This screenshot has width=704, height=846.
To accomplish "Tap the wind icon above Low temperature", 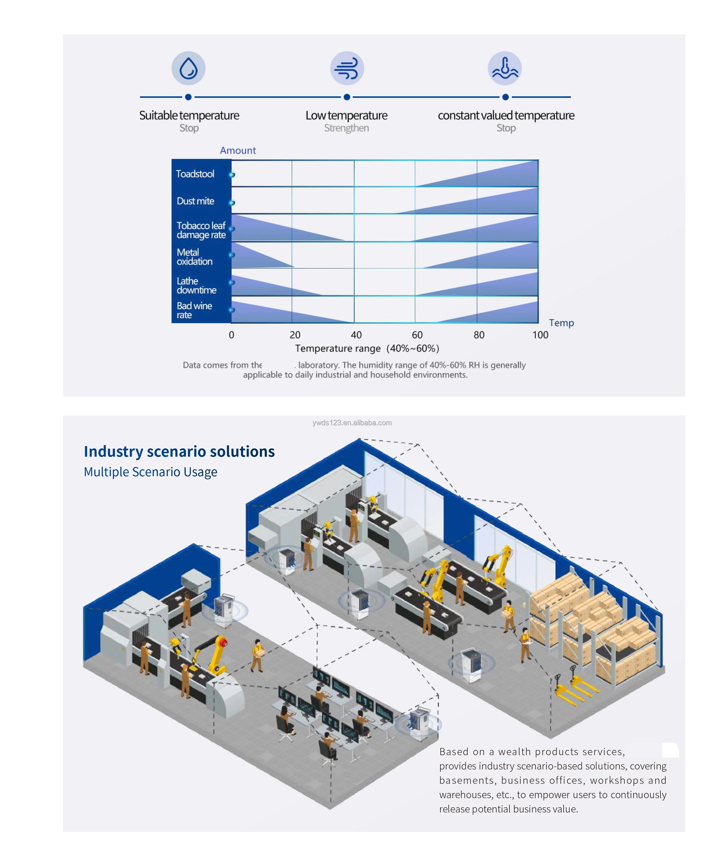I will (347, 68).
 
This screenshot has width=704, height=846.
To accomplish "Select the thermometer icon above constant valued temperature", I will (505, 68).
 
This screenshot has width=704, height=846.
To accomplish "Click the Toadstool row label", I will (195, 174).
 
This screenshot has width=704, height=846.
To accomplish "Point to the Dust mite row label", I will (195, 201).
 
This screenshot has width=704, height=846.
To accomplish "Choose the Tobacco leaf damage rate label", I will (201, 230).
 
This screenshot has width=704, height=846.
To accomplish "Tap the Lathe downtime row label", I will (196, 286).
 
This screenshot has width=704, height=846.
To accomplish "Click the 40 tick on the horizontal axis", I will (356, 335).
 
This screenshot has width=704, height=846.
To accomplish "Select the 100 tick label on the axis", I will (540, 335).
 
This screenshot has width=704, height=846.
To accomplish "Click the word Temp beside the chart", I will (561, 323).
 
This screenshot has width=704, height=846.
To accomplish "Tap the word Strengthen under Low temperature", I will (346, 128).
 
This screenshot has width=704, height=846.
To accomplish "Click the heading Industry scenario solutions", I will (179, 451).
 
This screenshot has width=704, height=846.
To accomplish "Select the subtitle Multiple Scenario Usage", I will (150, 472).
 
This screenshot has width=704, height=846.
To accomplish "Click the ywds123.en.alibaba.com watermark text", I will (352, 423).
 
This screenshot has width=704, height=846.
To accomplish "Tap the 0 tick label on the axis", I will (231, 335).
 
